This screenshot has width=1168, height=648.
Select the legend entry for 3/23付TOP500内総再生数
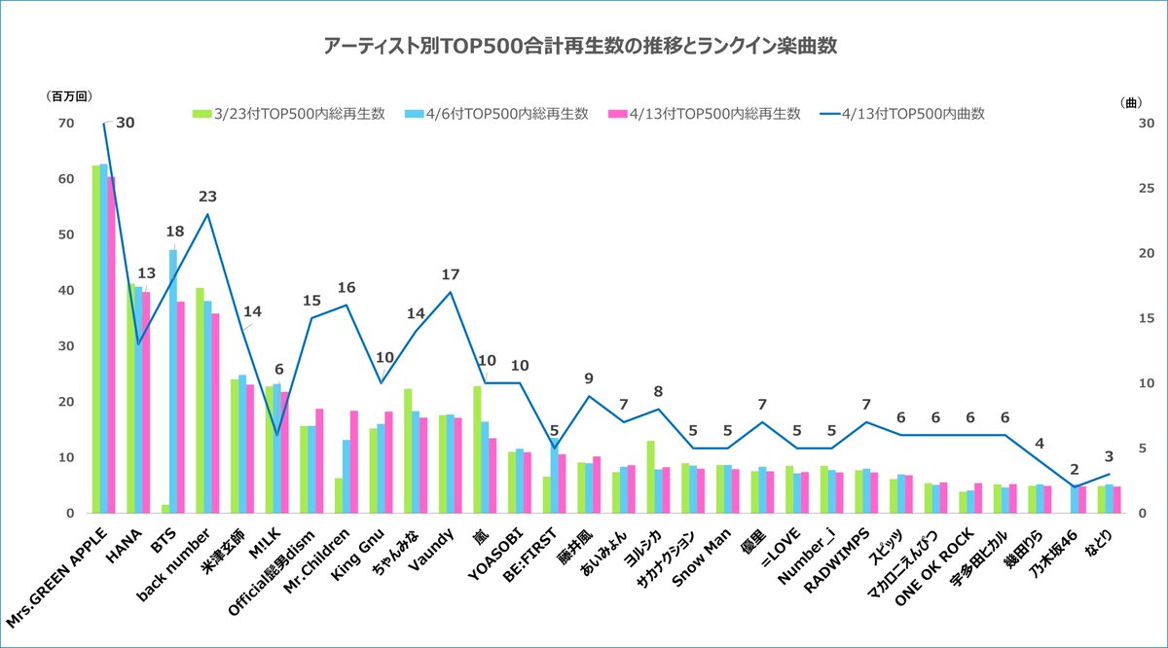(289, 114)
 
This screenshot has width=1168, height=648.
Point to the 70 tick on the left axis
(66, 124)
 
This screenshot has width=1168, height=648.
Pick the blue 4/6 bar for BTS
(173, 380)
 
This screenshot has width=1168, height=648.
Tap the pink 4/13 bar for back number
(214, 413)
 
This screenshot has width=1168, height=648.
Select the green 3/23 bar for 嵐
(477, 449)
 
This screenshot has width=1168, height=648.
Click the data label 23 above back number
(207, 196)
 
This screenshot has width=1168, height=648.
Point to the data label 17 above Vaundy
(450, 273)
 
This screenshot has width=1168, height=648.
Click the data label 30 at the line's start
(126, 123)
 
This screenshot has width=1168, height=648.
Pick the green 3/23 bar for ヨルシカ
(650, 476)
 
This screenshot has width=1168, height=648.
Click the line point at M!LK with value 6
(276, 435)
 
